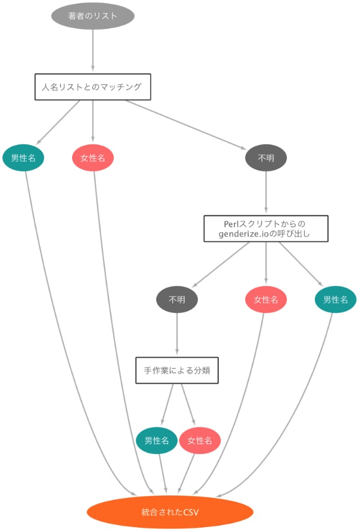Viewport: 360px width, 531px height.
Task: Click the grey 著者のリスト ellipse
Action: (93, 16)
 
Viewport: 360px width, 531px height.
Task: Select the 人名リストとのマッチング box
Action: (93, 87)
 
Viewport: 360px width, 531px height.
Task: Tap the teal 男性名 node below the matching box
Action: (23, 158)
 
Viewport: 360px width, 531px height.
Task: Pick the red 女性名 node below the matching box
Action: (93, 158)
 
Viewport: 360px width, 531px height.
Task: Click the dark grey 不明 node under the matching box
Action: (266, 158)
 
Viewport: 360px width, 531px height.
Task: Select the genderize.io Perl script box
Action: (265, 228)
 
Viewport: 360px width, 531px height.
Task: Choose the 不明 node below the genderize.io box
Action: (177, 300)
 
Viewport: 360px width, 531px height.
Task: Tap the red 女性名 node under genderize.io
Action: (266, 300)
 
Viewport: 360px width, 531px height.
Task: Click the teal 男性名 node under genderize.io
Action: (335, 300)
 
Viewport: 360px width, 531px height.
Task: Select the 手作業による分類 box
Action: (177, 371)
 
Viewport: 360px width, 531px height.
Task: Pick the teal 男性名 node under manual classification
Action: (157, 441)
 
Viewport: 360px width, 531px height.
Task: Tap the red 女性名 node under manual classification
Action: (200, 441)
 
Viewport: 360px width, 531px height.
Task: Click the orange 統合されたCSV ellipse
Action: (170, 512)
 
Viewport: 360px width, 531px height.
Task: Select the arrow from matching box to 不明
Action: (186, 124)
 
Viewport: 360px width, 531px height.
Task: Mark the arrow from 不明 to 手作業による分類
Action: (177, 335)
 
